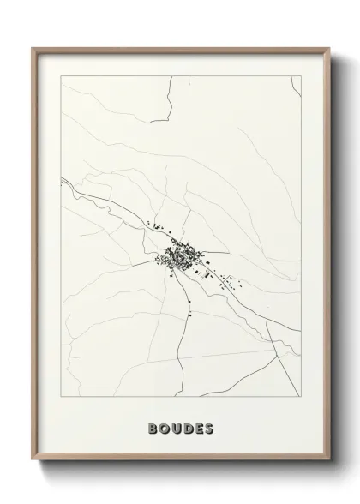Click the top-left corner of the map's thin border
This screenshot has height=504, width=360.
pos(60,76)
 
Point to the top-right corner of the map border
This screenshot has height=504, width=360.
pos(302,76)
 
